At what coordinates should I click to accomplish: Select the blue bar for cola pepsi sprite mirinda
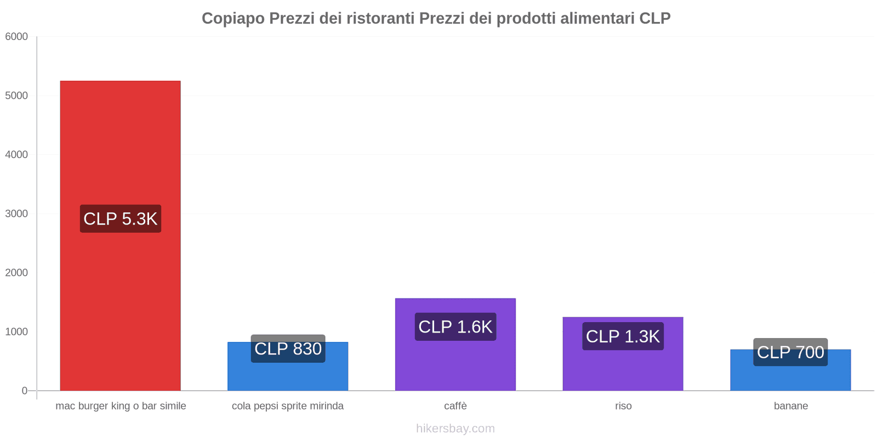pyautogui.click(x=288, y=376)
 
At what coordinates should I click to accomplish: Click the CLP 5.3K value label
pyautogui.click(x=120, y=218)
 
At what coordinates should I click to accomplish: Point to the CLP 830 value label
pyautogui.click(x=288, y=348)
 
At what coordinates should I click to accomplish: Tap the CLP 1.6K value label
pyautogui.click(x=455, y=327)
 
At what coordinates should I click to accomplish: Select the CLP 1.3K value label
pyautogui.click(x=623, y=336)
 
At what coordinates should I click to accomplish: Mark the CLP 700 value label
pyautogui.click(x=790, y=352)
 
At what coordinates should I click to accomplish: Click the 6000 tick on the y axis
pyautogui.click(x=16, y=37)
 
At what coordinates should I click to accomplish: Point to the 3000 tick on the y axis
pyautogui.click(x=16, y=214)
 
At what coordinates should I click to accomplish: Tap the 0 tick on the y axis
pyautogui.click(x=25, y=391)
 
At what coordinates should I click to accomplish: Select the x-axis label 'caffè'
pyautogui.click(x=455, y=406)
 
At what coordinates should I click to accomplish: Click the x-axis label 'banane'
pyautogui.click(x=790, y=406)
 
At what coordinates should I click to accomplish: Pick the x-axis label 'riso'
pyautogui.click(x=623, y=406)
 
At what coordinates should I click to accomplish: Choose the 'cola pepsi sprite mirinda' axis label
pyautogui.click(x=288, y=406)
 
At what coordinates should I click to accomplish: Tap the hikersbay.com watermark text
pyautogui.click(x=455, y=429)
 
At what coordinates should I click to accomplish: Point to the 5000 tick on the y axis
pyautogui.click(x=16, y=96)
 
